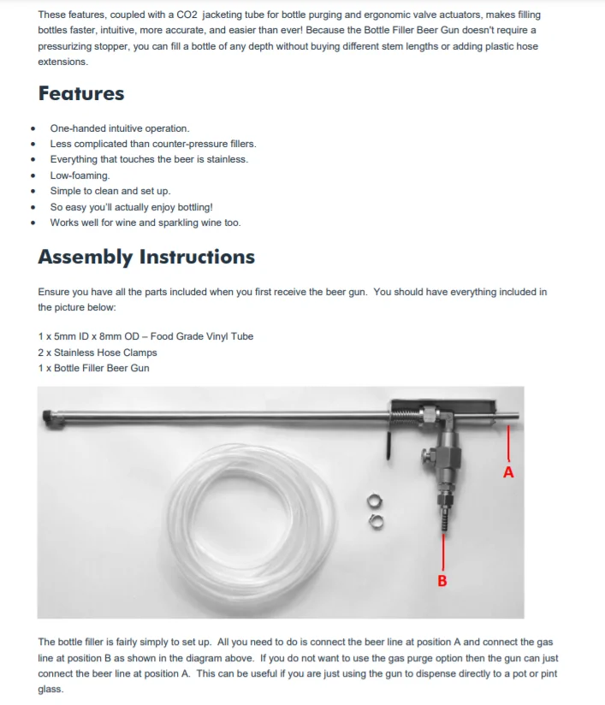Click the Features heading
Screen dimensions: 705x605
pyautogui.click(x=81, y=93)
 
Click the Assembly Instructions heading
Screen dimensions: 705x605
pyautogui.click(x=146, y=257)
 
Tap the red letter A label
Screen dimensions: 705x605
pyautogui.click(x=508, y=471)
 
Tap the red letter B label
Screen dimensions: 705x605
pyautogui.click(x=442, y=581)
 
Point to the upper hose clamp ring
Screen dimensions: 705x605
pyautogui.click(x=373, y=501)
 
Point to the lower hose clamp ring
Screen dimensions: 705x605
pyautogui.click(x=375, y=518)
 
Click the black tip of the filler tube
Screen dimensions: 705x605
pyautogui.click(x=48, y=417)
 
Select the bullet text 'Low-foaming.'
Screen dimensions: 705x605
pyautogui.click(x=80, y=175)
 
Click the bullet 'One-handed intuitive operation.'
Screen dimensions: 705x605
pyautogui.click(x=120, y=128)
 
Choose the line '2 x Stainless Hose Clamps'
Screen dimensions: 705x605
pyautogui.click(x=98, y=352)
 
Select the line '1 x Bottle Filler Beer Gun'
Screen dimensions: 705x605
pyautogui.click(x=93, y=368)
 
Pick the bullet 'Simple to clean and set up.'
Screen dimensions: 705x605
pyautogui.click(x=110, y=191)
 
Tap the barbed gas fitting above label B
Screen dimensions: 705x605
pyautogui.click(x=442, y=518)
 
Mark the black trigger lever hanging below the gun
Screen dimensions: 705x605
pyautogui.click(x=389, y=444)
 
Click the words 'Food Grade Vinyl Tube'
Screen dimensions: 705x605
pyautogui.click(x=202, y=336)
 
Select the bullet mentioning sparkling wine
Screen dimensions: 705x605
pyautogui.click(x=145, y=222)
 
